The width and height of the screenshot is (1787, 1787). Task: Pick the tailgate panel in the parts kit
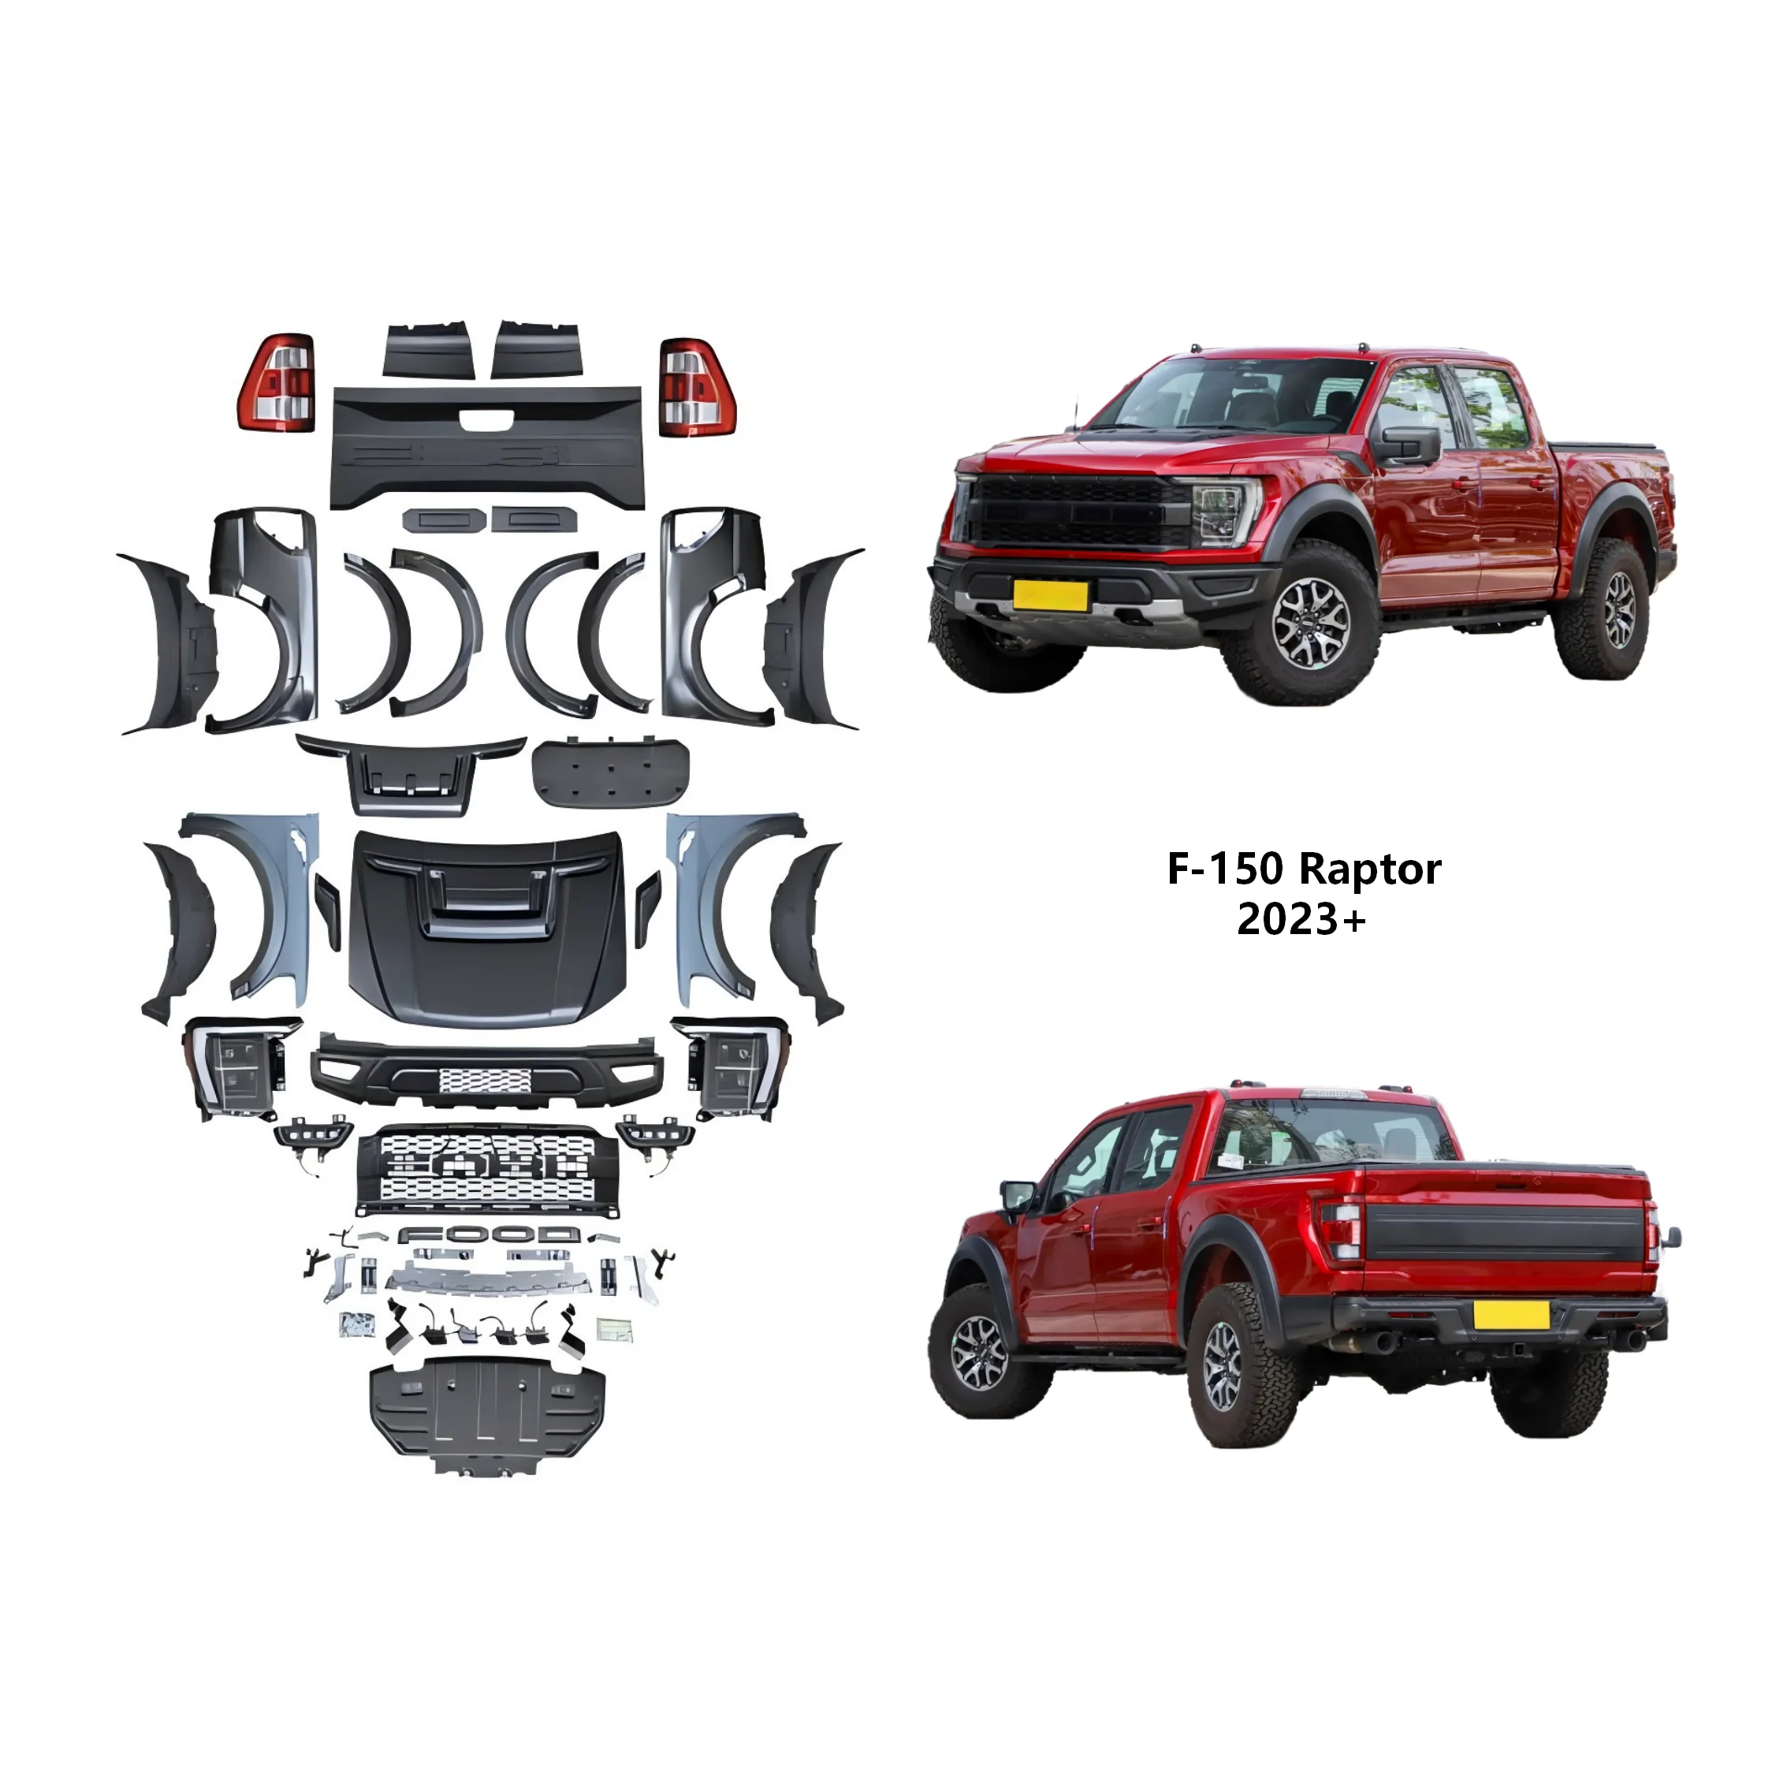(x=486, y=447)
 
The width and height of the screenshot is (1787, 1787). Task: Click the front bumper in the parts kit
(x=487, y=1071)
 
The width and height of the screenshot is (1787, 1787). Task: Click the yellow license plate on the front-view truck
(x=1050, y=594)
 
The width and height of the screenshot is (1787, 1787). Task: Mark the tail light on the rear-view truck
(x=1345, y=1231)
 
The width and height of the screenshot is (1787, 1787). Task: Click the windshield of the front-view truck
(x=1239, y=395)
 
